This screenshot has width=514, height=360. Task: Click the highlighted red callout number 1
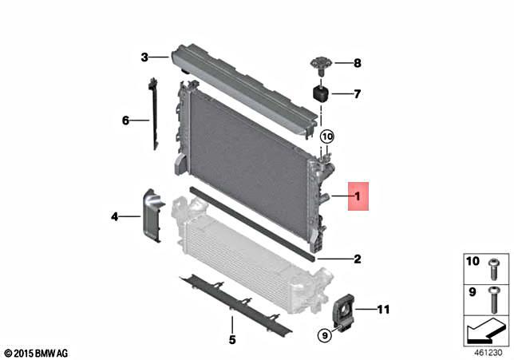click(x=358, y=196)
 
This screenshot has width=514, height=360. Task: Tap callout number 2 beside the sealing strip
click(x=358, y=259)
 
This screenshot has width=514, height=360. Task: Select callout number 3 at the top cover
click(x=144, y=57)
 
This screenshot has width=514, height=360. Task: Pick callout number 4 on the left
click(x=116, y=216)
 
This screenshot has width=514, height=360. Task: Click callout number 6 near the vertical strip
click(x=125, y=121)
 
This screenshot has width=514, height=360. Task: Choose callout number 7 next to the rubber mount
click(x=357, y=94)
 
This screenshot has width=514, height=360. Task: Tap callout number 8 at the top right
click(x=357, y=62)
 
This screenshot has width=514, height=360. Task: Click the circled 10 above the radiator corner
click(x=328, y=136)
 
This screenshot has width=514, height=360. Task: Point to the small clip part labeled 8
click(x=320, y=62)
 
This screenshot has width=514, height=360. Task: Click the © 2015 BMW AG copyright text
click(x=36, y=352)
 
